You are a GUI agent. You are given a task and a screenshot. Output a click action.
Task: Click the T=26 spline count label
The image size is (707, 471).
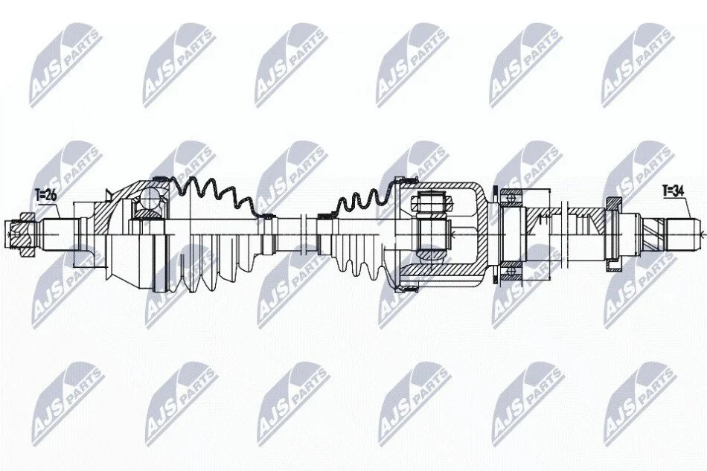pos(45,195)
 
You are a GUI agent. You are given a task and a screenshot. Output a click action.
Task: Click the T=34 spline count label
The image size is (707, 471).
pos(674,191)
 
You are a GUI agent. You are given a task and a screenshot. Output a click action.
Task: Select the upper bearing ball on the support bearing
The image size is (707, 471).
pos(511,196)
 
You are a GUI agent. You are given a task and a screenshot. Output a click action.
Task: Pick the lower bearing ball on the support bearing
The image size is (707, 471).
pos(511,271)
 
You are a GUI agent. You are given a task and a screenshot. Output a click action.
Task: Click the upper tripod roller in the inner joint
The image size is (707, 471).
pos(432,202)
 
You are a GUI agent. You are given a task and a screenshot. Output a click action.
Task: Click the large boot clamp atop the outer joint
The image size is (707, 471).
pos(159,179)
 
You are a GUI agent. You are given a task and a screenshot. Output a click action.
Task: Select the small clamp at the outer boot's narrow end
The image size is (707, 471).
pos(267,217)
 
